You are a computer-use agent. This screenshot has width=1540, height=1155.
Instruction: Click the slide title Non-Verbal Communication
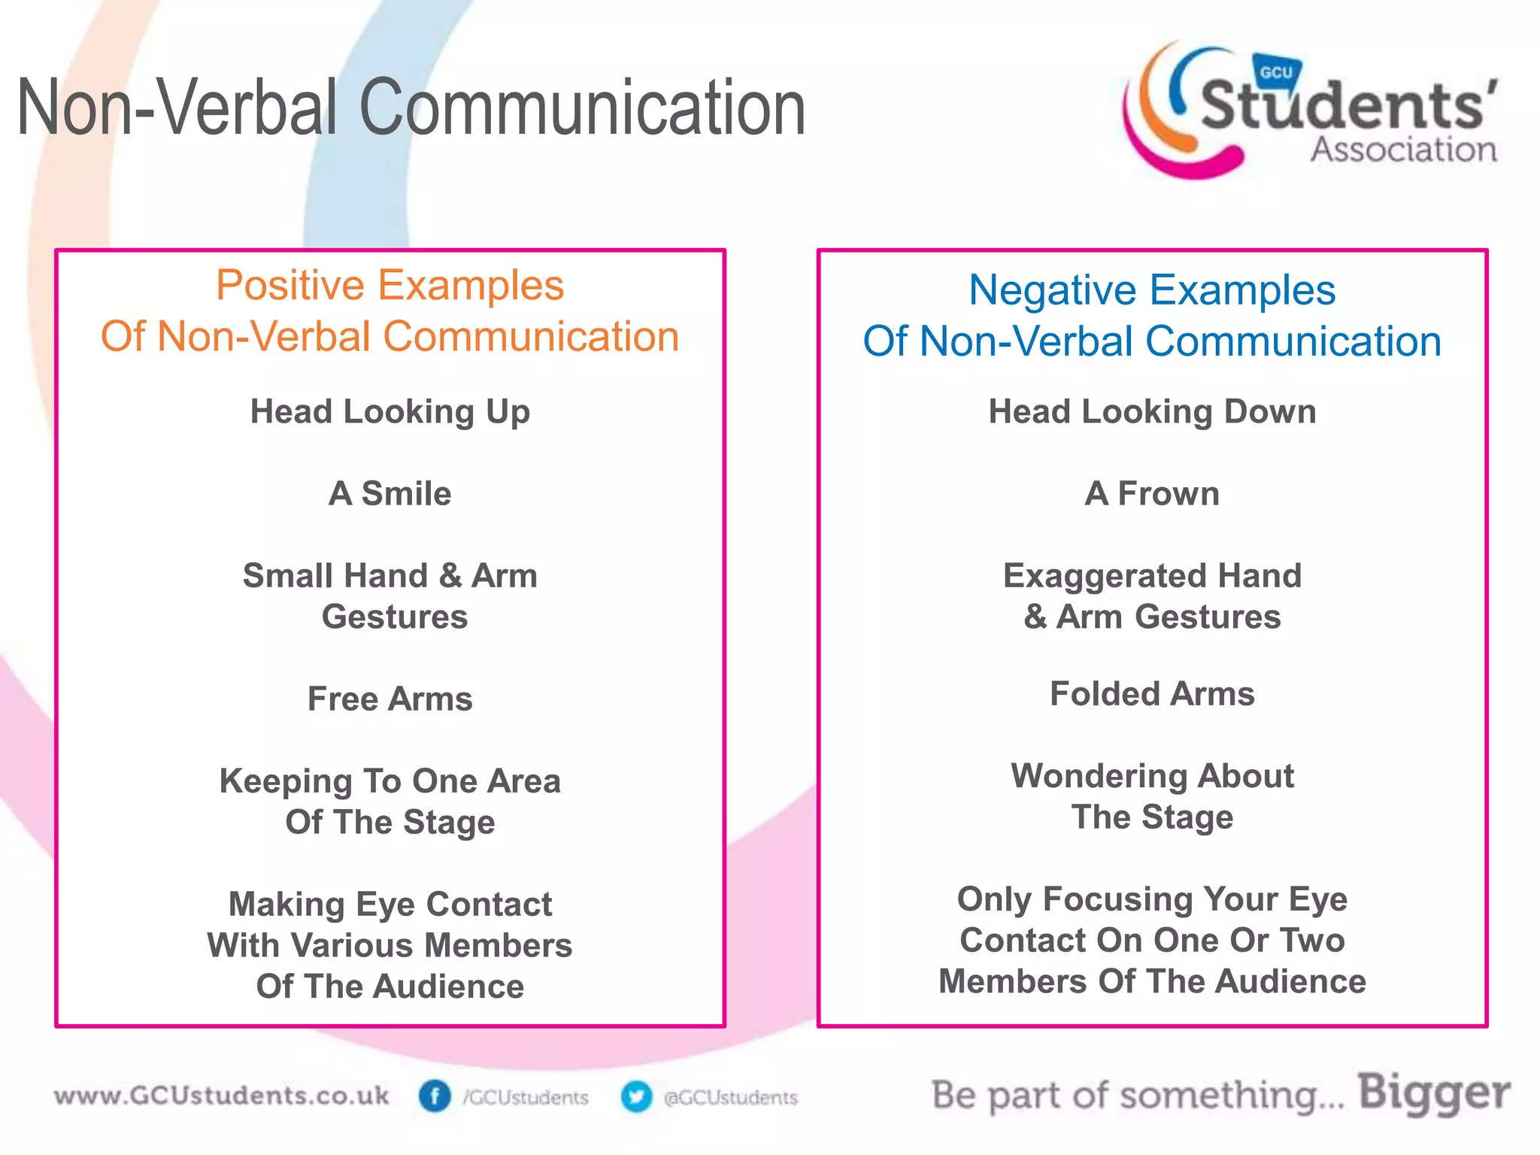point(411,109)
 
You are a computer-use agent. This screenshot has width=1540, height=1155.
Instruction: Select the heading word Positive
point(290,286)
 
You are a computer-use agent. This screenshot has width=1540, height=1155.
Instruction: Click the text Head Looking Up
point(390,412)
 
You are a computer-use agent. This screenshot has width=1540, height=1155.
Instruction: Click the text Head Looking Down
point(1152,412)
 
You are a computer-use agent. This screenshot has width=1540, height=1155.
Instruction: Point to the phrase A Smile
point(390,494)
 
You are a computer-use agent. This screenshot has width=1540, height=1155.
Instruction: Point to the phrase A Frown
point(1152,494)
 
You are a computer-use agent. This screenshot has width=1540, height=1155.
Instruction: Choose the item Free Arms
point(390,699)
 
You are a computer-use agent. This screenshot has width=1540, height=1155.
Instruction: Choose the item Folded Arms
point(1152,694)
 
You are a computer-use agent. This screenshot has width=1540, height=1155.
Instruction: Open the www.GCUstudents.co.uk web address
point(222,1096)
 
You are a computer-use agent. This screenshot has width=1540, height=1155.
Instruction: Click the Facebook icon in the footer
point(434,1096)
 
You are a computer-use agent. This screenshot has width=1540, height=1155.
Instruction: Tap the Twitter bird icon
point(636,1096)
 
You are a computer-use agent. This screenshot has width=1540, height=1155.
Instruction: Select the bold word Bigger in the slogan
point(1434,1093)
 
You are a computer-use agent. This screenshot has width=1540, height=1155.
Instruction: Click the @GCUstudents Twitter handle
point(730,1098)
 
